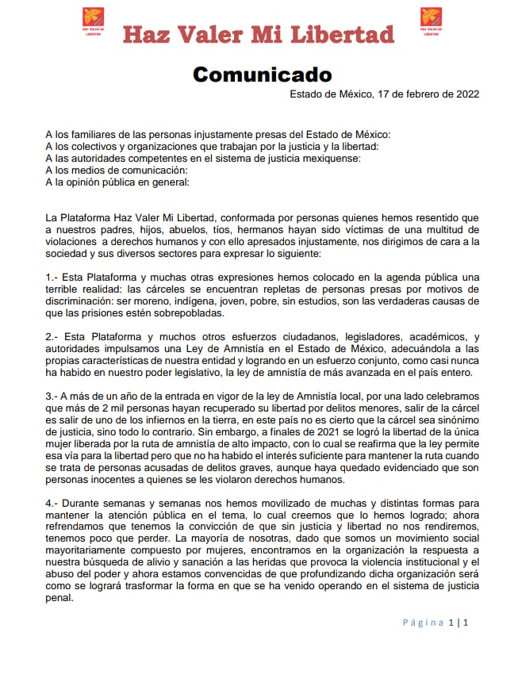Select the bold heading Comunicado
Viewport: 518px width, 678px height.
coord(262,75)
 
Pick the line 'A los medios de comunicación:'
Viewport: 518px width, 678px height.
coord(117,170)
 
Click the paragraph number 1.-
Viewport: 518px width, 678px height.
coord(53,277)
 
